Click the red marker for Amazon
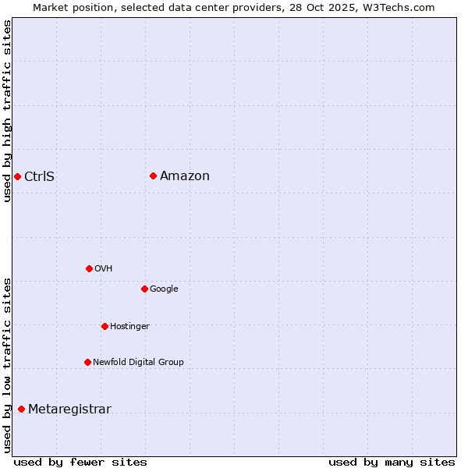pyautogui.click(x=153, y=175)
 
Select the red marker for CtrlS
pyautogui.click(x=17, y=176)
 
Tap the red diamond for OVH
pyautogui.click(x=89, y=268)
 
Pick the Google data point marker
pyautogui.click(x=144, y=289)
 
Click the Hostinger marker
pyautogui.click(x=105, y=326)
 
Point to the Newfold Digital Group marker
pyautogui.click(x=87, y=362)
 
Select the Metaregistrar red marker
pyautogui.click(x=21, y=409)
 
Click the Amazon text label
pyautogui.click(x=185, y=175)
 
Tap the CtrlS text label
pyautogui.click(x=39, y=176)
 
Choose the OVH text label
pyautogui.click(x=103, y=268)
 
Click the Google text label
pyautogui.click(x=164, y=289)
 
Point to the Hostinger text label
pyautogui.click(x=129, y=326)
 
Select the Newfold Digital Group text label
pyautogui.click(x=138, y=362)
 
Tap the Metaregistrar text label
pyautogui.click(x=69, y=409)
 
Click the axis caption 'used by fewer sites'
pyautogui.click(x=80, y=462)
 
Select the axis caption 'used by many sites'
pyautogui.click(x=392, y=462)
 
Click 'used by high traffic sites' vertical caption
pyautogui.click(x=7, y=111)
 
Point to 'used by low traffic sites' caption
pyautogui.click(x=7, y=364)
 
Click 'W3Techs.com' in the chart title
pyautogui.click(x=402, y=7)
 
